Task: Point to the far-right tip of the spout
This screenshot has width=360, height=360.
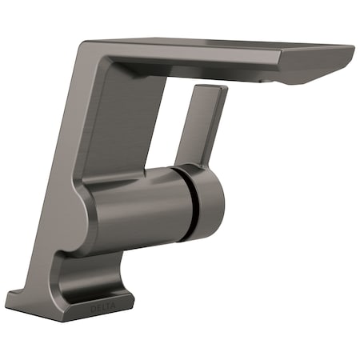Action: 352,50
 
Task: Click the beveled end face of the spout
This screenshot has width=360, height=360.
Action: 316,68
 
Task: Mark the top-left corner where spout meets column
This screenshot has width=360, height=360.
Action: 86,44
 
